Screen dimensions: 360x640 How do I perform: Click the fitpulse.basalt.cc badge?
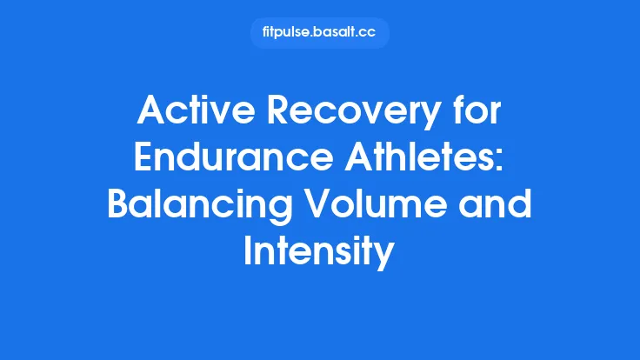pyautogui.click(x=319, y=33)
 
